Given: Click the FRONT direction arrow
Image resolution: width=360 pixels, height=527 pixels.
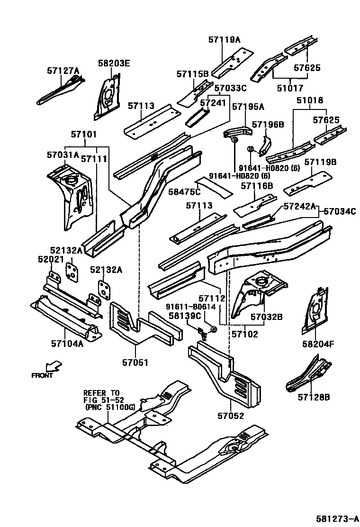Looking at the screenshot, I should pos(53,366).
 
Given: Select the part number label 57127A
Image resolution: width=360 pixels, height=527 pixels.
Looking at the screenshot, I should pos(63,71).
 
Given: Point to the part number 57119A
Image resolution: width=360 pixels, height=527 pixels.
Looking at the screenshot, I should pos(224,40).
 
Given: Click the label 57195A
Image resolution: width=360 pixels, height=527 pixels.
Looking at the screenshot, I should pos(248,107).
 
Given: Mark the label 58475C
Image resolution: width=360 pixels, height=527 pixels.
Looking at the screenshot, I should pos(185,191).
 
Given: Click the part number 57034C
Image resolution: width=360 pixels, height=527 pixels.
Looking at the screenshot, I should pos(339,211).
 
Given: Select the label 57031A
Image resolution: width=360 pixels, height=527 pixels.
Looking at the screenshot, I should pos(63,155).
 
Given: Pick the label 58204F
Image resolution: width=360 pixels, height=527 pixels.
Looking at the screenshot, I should pos(318,344).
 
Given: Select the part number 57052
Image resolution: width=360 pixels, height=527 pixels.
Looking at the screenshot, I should pos(231,416).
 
